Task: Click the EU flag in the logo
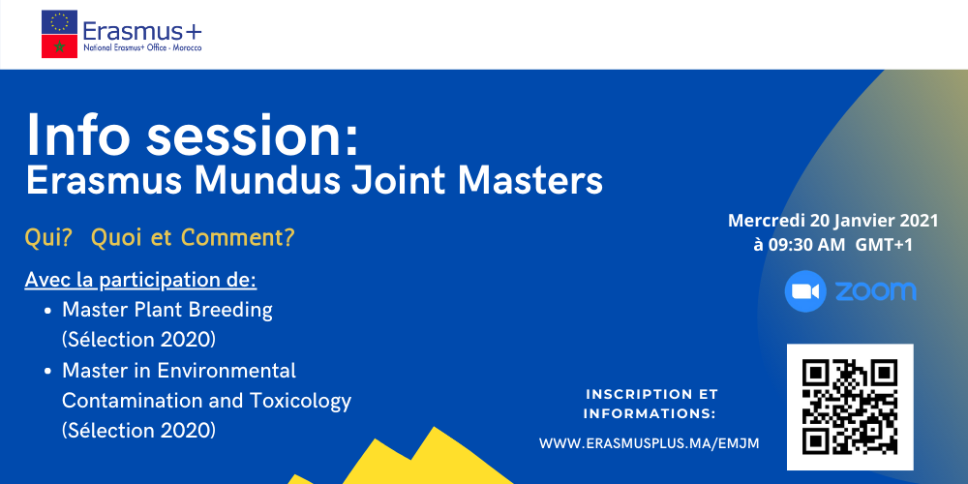point(59,22)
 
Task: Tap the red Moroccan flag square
point(59,46)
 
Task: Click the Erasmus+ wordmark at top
point(142,30)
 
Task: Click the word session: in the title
point(253,136)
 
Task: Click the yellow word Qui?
point(48,238)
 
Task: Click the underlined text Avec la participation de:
point(140,281)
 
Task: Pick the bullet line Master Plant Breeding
point(167,310)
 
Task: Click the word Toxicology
point(301,402)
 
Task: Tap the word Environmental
point(227,371)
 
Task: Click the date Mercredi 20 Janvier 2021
point(833,221)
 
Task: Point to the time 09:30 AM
point(807,245)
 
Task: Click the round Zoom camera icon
point(805,291)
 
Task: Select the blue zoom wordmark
point(875,291)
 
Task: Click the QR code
point(850,407)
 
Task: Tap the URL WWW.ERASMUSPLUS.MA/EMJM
point(649,443)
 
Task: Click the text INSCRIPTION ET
point(651,394)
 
